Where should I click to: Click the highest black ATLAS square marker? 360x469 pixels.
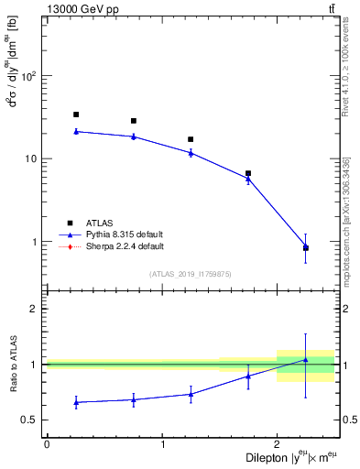coord(75,115)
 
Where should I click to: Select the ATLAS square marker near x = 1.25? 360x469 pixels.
coord(191,139)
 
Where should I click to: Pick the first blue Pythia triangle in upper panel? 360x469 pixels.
coord(75,131)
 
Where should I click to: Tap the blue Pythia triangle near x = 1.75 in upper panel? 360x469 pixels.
coord(248,179)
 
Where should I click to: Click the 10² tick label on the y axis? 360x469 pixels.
coord(29,75)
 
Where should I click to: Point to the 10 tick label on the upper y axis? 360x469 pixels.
coord(32,158)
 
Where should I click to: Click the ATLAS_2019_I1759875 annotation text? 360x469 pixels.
coord(191,273)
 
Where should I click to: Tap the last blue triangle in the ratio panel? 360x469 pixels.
coord(306,359)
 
